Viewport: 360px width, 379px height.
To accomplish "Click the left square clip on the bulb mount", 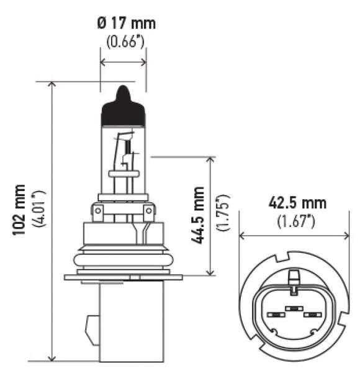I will (x=97, y=213).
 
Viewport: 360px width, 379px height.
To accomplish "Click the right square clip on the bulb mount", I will (x=149, y=213).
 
